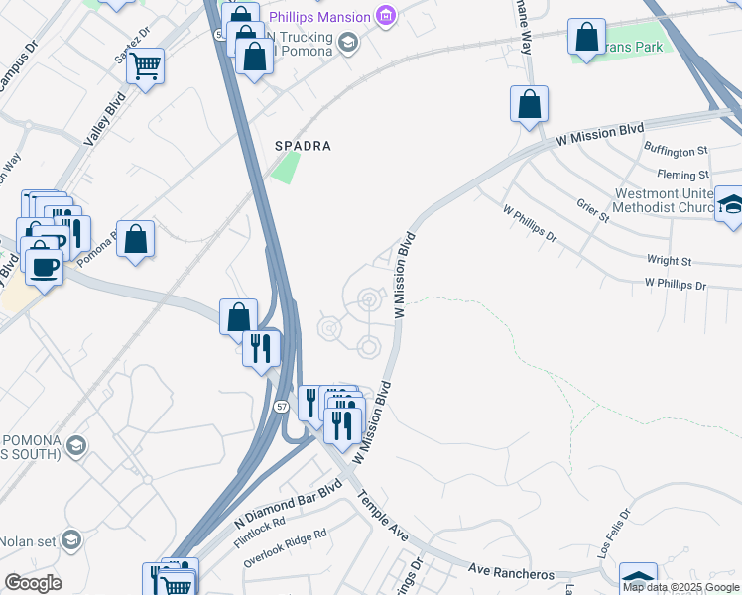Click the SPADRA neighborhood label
[x=303, y=146]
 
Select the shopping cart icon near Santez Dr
[x=145, y=66]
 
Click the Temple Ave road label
[x=383, y=517]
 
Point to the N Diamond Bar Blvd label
[x=288, y=503]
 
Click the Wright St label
[x=669, y=261]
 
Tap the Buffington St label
[x=689, y=151]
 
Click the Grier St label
[x=592, y=211]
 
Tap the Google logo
[x=32, y=583]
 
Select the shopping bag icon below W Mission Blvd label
[x=530, y=103]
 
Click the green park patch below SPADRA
[x=285, y=168]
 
